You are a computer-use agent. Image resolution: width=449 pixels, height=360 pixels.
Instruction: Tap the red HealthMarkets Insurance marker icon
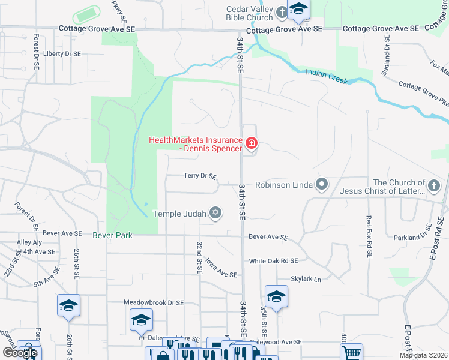pos(251,143)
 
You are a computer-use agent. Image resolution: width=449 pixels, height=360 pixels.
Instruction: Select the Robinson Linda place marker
pos(322,185)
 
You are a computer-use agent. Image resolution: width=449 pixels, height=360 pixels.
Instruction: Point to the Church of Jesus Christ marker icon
pos(435,187)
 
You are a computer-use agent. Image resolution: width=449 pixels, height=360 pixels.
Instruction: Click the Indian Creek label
pos(326,76)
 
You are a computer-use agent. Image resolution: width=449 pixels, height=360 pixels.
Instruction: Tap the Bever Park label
pos(112,235)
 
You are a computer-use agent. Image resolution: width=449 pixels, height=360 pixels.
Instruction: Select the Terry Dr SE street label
pos(200,176)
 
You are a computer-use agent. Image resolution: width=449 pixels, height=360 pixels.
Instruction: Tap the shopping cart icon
pos(351,352)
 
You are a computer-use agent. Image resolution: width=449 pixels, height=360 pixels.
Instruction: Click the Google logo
pos(19,352)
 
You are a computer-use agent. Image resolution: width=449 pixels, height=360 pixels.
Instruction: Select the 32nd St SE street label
pos(199,257)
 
